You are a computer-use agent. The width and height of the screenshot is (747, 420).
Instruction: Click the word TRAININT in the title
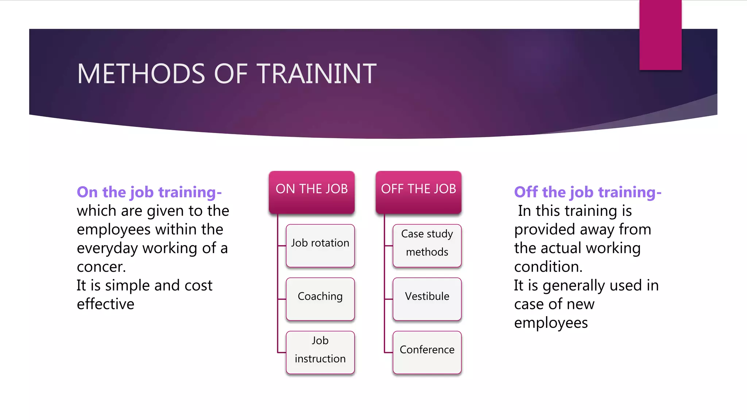point(317,74)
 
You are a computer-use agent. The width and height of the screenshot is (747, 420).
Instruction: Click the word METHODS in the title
point(141,74)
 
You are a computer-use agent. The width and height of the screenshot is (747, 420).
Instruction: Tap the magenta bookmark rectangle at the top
point(660,35)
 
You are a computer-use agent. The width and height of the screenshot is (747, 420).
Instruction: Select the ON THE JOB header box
point(311,192)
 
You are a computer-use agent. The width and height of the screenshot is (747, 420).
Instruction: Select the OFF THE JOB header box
point(418,192)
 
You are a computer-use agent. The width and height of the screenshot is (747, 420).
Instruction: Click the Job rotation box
point(320,246)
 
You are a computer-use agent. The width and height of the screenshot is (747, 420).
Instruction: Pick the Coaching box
point(320,299)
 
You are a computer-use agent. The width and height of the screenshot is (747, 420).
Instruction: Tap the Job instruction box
point(320,352)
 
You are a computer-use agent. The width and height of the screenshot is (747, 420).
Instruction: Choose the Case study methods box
point(427,246)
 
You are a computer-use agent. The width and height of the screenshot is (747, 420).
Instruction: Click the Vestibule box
point(427,299)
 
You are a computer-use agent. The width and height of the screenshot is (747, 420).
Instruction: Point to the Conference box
point(427,352)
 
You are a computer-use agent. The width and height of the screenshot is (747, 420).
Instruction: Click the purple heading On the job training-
point(149,192)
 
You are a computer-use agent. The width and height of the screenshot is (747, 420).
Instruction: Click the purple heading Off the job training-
point(587,192)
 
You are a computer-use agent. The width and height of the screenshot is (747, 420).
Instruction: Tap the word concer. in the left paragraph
point(101,267)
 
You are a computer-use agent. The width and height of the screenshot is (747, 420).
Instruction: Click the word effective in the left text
point(105,304)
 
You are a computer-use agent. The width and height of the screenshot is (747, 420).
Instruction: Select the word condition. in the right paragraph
point(548,267)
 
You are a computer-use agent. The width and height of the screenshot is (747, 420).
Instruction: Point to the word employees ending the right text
point(551,323)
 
